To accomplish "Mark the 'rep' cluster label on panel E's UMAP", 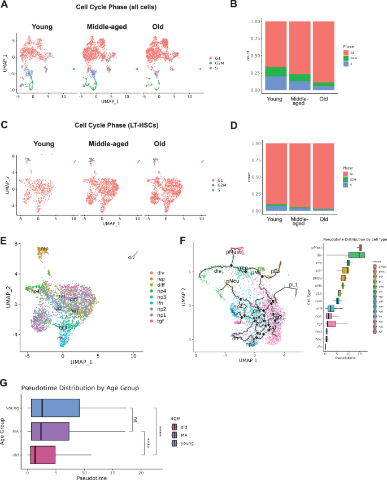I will coord(44,248).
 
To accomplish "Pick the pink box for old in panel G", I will coord(43,453).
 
